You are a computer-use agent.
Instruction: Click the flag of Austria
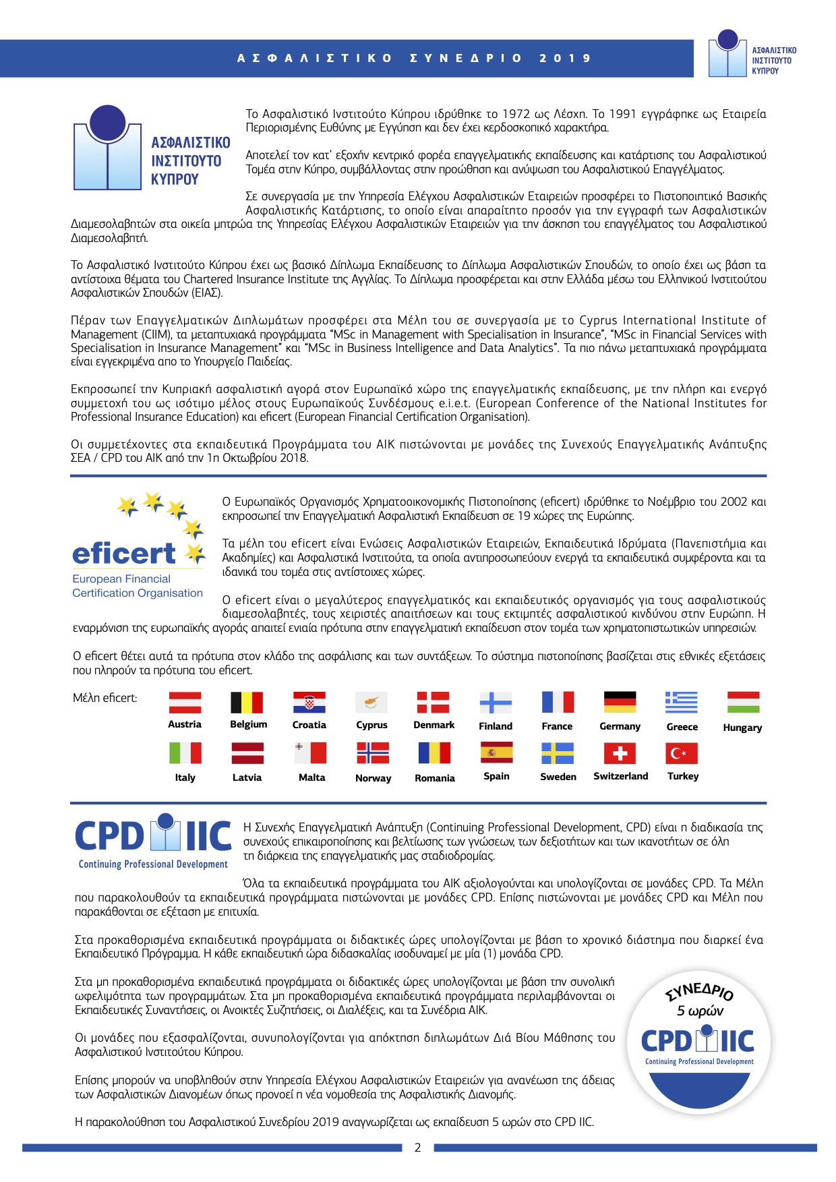click(x=185, y=702)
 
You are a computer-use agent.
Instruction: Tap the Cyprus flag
click(x=371, y=702)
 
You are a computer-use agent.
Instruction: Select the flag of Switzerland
click(x=620, y=753)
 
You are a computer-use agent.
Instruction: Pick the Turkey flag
click(x=682, y=753)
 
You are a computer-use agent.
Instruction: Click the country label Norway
click(x=373, y=778)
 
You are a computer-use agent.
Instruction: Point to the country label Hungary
click(x=742, y=728)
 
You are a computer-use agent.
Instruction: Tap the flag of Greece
click(x=682, y=702)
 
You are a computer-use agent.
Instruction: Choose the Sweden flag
click(x=558, y=753)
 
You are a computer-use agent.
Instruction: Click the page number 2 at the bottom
click(x=417, y=1148)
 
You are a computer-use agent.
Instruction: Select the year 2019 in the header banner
click(x=565, y=59)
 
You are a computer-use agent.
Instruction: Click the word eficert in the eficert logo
click(x=124, y=554)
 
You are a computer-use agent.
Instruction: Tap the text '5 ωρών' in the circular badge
click(x=700, y=1011)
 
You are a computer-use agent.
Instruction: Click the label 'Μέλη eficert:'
click(x=104, y=698)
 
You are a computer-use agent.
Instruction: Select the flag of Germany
click(x=620, y=702)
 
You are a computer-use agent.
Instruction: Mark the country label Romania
click(x=435, y=778)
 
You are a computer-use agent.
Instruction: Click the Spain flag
click(x=496, y=752)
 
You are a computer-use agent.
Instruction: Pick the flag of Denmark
click(x=433, y=702)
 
